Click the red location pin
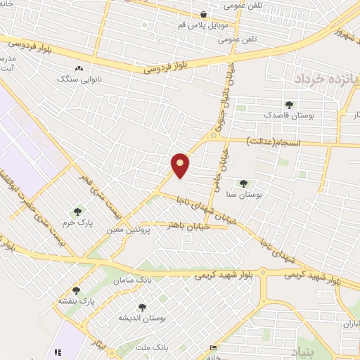pos(181,165)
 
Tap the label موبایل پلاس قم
pos(202,24)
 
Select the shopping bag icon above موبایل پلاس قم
pos(203,14)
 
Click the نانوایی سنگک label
pos(79,79)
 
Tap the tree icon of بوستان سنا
pos(243,184)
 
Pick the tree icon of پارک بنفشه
pos(76,290)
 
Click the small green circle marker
pos(144,25)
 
